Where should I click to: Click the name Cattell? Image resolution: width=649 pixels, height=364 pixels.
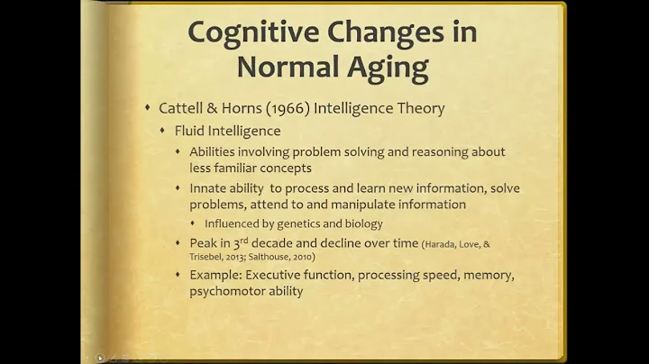(x=185, y=108)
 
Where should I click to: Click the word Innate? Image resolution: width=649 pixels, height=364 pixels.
(x=210, y=188)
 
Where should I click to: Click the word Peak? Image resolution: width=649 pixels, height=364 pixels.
(x=204, y=242)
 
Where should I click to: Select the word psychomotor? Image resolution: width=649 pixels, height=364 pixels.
(x=226, y=291)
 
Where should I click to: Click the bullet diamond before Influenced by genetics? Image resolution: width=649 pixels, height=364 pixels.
(x=195, y=223)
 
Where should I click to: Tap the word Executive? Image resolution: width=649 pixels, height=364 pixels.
(x=281, y=276)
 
